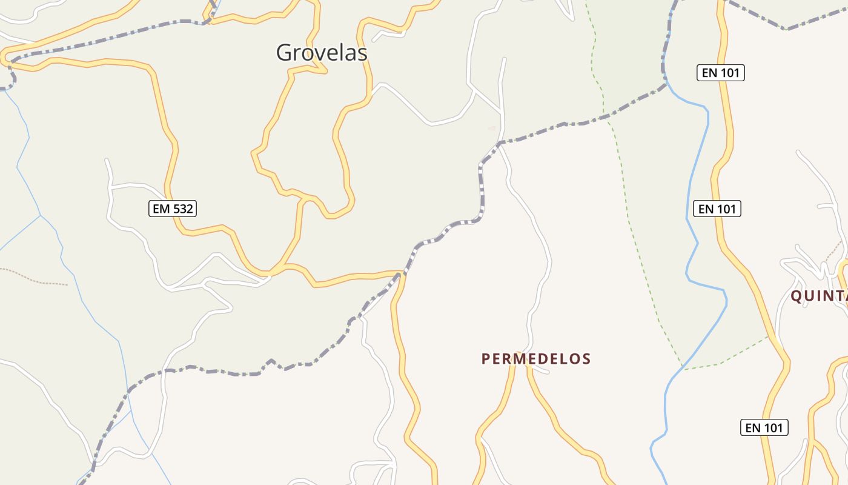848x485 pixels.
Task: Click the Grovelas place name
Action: tap(322, 53)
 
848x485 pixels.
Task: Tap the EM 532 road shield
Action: tap(173, 209)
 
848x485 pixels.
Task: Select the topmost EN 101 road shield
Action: tap(720, 73)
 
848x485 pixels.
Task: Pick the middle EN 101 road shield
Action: tap(717, 209)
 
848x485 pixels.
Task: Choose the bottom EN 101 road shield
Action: tap(764, 427)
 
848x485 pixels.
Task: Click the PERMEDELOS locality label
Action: tap(536, 359)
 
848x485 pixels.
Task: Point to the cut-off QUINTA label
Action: tap(818, 296)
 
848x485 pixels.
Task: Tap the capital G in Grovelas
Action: tap(284, 53)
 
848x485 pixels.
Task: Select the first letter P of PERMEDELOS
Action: tap(485, 359)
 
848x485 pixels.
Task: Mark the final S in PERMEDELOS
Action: tap(586, 359)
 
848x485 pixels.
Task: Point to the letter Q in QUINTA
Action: tap(797, 296)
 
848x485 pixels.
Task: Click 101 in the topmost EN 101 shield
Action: tap(730, 73)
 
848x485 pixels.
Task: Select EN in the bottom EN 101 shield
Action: tap(753, 427)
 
